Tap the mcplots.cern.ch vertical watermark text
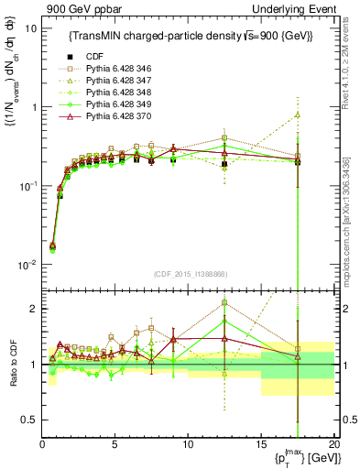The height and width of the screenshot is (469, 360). pos(352,211)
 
